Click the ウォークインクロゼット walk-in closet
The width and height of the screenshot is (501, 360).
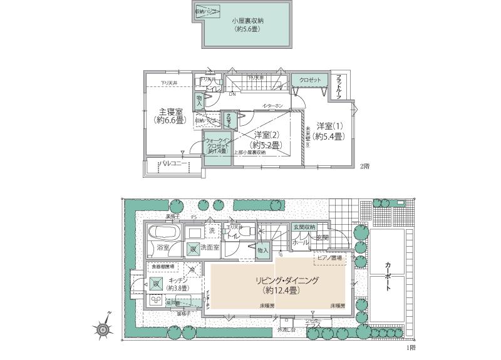[217, 148]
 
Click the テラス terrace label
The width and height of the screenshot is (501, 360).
[312, 325]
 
